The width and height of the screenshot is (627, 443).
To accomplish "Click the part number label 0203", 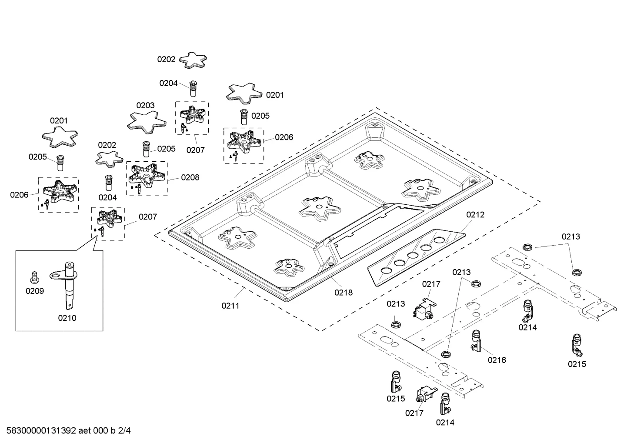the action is click(145, 105).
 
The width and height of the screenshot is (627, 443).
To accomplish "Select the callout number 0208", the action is click(190, 177).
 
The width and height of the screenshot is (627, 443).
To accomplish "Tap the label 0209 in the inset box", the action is click(35, 291).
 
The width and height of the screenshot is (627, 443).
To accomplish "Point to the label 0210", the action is click(67, 318).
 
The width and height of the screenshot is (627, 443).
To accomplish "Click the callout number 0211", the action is click(230, 306).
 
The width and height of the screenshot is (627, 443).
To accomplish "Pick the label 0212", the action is click(475, 215).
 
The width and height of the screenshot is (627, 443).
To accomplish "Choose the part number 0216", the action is click(497, 360).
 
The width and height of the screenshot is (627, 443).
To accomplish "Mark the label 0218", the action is click(344, 293).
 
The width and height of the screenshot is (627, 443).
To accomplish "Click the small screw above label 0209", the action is click(34, 277).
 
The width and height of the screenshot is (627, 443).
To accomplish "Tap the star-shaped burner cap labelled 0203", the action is click(147, 122).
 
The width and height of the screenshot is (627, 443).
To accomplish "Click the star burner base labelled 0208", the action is click(147, 176).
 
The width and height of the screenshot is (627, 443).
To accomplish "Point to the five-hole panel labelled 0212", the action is click(417, 257).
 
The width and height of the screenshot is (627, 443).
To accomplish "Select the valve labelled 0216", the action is click(476, 340).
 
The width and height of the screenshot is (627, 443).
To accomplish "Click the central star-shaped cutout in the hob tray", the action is click(320, 208).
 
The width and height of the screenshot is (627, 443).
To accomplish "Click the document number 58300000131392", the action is click(41, 431).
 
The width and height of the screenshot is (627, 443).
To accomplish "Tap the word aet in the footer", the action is click(85, 431).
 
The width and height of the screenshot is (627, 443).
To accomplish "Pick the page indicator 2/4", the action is click(124, 431).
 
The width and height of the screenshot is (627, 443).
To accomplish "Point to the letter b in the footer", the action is click(113, 431).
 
